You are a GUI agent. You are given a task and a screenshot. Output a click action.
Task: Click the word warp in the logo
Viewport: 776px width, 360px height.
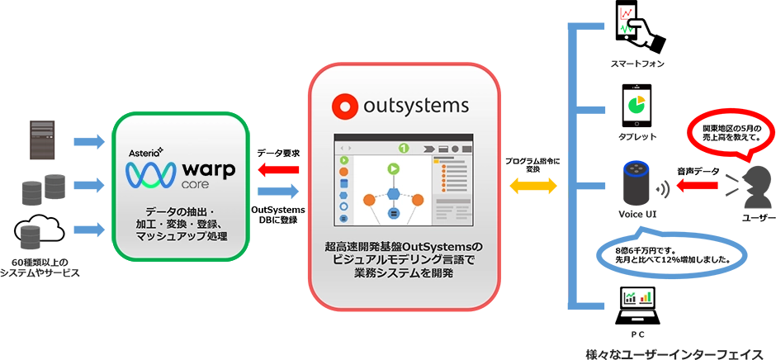[207, 172]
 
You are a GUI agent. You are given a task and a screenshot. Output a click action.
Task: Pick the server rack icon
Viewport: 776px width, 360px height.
[43, 140]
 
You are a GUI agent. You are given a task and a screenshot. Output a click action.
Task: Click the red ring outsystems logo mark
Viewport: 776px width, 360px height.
[343, 107]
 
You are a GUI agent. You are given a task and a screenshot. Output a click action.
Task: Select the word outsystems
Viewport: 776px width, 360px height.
[416, 106]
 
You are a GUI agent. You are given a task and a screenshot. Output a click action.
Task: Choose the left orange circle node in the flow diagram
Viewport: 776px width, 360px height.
[370, 199]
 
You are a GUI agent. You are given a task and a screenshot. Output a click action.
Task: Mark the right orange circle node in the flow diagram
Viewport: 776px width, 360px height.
[418, 199]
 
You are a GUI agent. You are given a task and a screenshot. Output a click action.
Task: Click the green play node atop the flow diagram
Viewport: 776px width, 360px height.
[394, 169]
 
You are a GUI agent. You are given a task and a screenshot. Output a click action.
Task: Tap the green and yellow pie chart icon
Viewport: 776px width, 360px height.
[636, 105]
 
